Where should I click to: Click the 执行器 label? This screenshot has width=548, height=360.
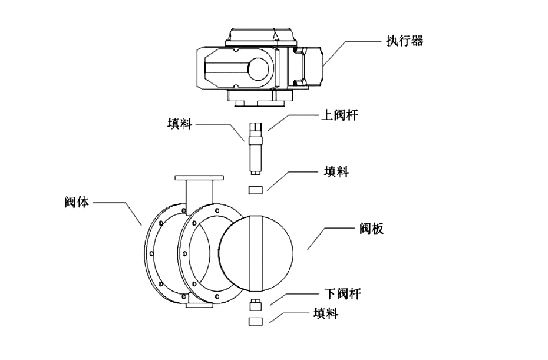404,41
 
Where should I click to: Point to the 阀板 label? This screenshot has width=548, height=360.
371,229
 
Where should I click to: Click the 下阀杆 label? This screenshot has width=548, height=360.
342,293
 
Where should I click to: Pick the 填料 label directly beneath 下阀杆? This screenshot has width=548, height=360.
325,314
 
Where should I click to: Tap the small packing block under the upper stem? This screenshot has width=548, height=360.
255,190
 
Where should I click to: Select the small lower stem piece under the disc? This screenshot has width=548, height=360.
255,305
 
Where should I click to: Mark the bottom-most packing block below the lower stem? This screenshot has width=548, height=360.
255,321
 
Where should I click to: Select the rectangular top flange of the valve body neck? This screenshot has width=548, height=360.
199,177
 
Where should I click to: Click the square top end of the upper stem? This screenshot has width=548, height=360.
255,127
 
